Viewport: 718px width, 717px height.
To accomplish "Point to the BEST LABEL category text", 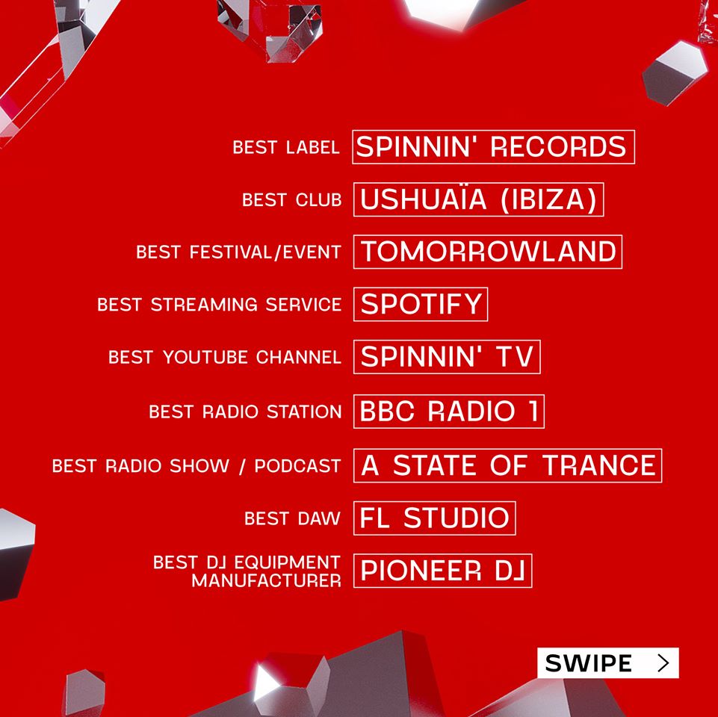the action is [x=286, y=147].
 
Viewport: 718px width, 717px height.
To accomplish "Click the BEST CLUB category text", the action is [x=291, y=200].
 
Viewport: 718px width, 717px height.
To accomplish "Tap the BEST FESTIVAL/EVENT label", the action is [x=238, y=252].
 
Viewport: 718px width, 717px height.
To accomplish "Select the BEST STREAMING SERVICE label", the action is [x=220, y=305].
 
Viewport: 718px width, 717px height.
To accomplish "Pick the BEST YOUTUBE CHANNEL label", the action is [x=225, y=357].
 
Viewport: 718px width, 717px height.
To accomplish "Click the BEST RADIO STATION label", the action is [x=246, y=412].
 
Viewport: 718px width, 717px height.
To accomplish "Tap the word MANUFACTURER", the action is [x=267, y=581].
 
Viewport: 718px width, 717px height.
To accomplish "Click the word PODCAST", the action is [x=297, y=466].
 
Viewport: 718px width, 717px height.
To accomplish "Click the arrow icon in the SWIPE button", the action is [x=663, y=662].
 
